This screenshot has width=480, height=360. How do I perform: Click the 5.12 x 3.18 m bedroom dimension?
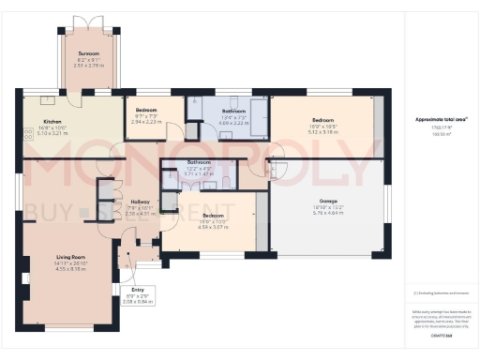point(323,132)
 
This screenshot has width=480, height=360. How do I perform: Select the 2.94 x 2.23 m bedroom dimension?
point(146,122)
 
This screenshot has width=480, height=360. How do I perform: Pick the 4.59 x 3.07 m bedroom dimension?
point(212,226)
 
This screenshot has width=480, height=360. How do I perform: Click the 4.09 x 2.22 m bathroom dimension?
point(232,122)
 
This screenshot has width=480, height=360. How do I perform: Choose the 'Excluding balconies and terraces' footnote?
point(438,292)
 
